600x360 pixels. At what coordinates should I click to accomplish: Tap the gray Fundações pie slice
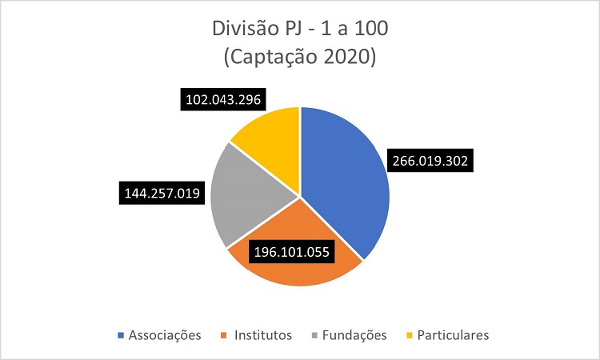(x=248, y=200)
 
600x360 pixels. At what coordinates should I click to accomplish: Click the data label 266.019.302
(x=432, y=160)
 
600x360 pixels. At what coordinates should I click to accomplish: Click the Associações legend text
(x=165, y=334)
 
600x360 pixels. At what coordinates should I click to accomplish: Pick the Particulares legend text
(x=452, y=334)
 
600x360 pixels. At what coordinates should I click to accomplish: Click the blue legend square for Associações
(x=122, y=335)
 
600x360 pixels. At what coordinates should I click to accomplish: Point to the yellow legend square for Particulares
(x=410, y=335)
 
